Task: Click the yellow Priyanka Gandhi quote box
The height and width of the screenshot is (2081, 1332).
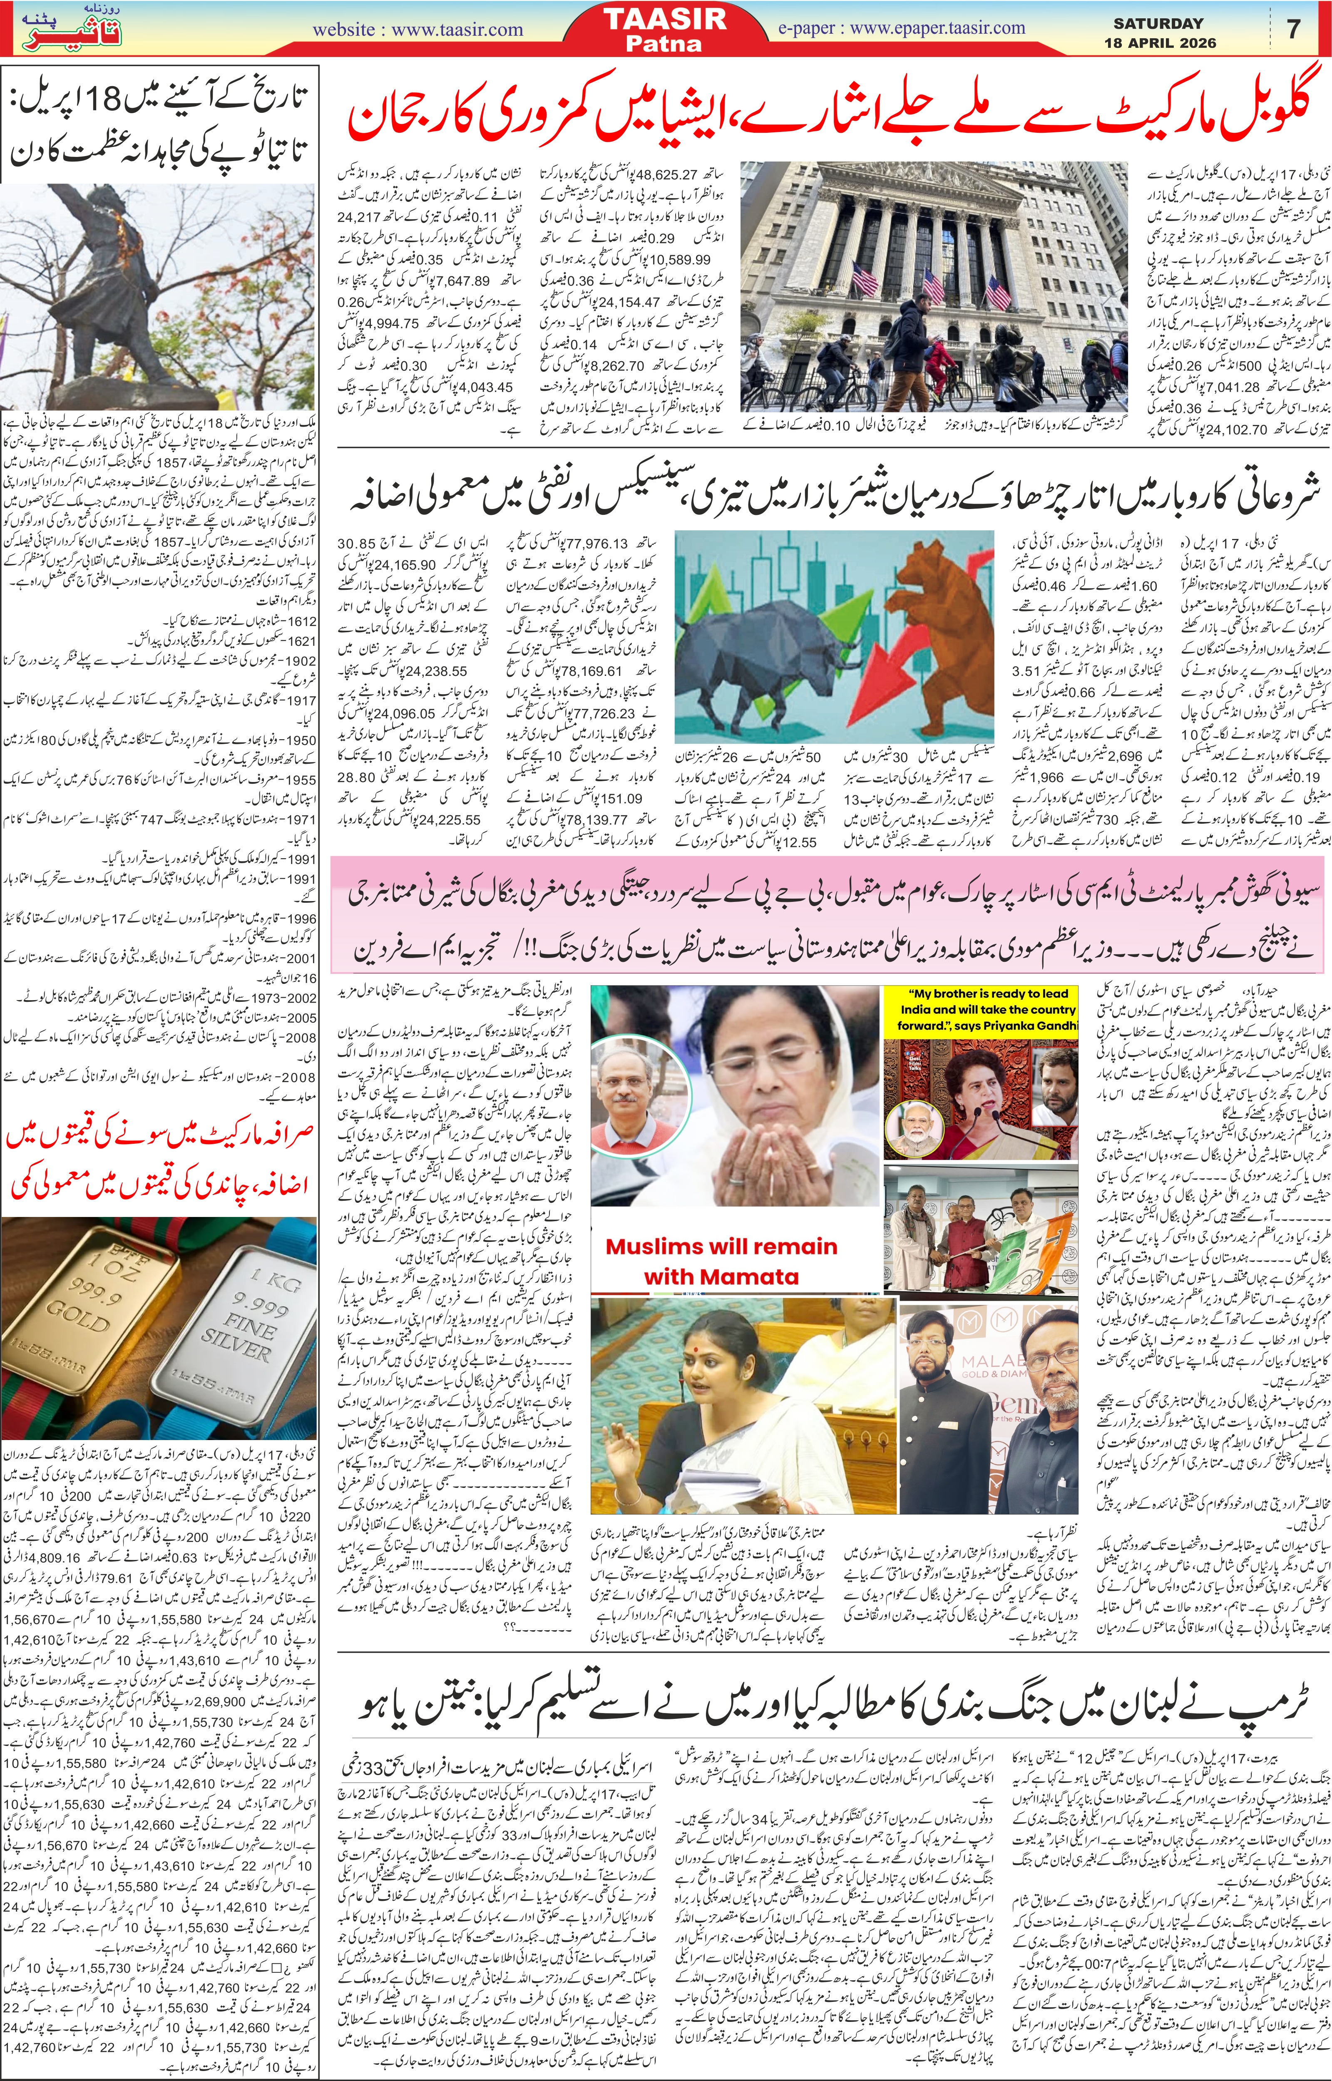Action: [981, 1010]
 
